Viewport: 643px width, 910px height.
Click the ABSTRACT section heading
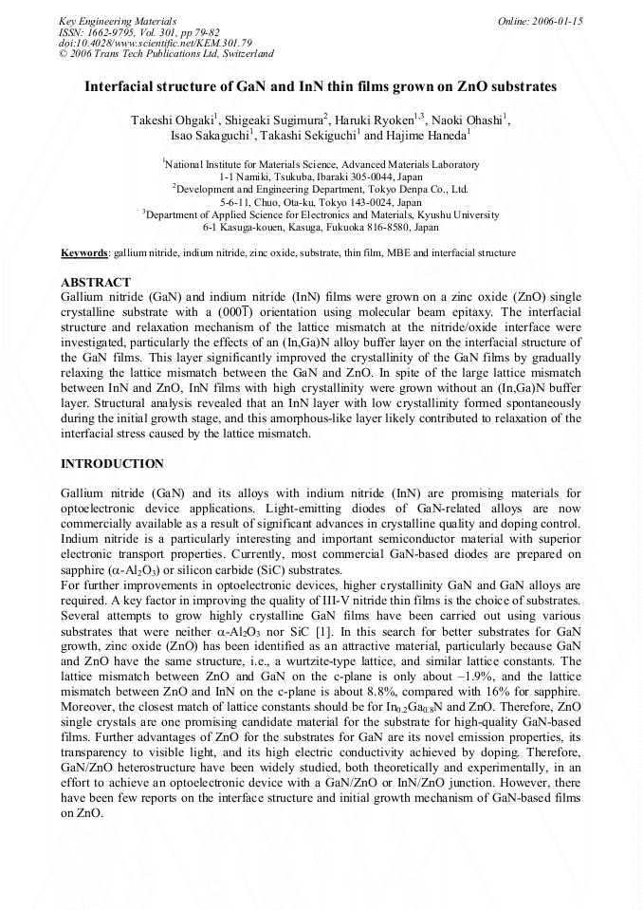pos(96,283)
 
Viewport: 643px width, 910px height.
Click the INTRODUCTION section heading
pos(112,464)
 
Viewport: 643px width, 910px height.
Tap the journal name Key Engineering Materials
pos(118,21)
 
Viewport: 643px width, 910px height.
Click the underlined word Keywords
pos(84,253)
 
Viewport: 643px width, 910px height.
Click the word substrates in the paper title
pos(523,86)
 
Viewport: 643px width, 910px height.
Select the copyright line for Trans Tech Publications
pos(166,55)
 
